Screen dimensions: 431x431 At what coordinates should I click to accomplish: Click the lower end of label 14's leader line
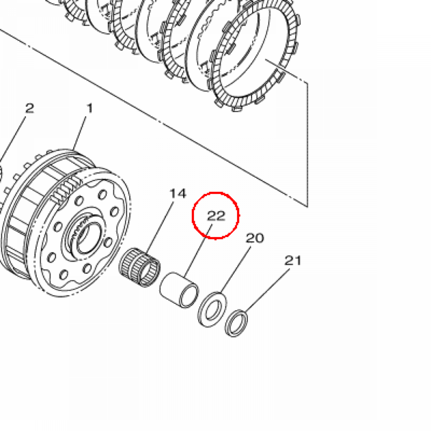pos(147,254)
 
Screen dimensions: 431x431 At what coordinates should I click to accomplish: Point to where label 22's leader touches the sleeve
pos(185,277)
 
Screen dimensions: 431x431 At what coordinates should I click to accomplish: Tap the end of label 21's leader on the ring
pos(245,311)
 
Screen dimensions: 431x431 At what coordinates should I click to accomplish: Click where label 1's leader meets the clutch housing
pos(73,150)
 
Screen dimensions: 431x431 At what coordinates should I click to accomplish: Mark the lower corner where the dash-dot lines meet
pos(307,206)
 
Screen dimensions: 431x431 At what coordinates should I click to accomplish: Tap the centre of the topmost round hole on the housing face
pos(102,195)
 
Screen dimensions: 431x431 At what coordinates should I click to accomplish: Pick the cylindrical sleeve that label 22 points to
pos(179,290)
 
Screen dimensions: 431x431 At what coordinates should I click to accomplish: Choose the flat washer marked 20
pos(212,309)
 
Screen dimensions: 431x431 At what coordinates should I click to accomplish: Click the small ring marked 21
pos(236,323)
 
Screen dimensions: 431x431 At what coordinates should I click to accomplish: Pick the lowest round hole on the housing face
pos(64,274)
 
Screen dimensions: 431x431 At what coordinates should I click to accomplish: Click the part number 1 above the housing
pos(90,108)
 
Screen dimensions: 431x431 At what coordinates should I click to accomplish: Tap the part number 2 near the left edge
pos(29,108)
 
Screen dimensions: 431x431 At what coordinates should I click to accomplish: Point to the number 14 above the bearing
pos(178,194)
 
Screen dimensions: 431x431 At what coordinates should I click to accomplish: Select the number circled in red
pos(216,216)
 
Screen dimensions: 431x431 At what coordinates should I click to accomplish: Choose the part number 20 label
pos(255,238)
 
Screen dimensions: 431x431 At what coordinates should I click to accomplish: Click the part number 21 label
pos(293,260)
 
